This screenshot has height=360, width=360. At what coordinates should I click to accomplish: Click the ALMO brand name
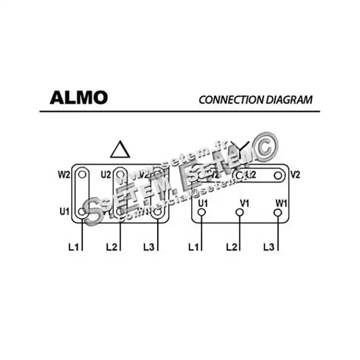[x=78, y=98]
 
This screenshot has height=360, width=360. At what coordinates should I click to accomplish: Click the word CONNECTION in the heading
[x=223, y=99]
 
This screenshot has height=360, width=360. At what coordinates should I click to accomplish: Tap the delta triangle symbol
[x=120, y=149]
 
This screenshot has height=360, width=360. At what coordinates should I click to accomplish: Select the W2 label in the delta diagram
[x=63, y=174]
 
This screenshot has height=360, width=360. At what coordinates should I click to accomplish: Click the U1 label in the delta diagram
[x=64, y=211]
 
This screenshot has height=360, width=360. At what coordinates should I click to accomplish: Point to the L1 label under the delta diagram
[x=73, y=246]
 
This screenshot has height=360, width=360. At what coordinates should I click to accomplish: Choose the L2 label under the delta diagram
[x=112, y=246]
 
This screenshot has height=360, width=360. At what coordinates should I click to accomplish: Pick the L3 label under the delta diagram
[x=149, y=246]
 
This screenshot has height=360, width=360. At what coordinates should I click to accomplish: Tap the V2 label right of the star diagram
[x=296, y=175]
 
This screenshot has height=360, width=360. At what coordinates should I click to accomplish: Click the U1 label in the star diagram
[x=202, y=203]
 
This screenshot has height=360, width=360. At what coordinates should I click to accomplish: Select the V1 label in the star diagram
[x=244, y=203]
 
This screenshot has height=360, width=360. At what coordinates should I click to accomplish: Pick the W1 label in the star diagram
[x=281, y=203]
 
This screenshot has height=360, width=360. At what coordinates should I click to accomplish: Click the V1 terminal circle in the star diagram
[x=240, y=212]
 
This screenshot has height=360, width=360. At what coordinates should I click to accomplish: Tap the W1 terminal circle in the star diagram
[x=278, y=212]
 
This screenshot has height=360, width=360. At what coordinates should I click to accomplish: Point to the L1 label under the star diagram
[x=194, y=246]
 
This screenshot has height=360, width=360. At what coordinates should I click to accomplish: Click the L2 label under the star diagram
[x=232, y=246]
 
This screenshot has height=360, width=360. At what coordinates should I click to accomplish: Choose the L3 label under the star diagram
[x=269, y=246]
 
